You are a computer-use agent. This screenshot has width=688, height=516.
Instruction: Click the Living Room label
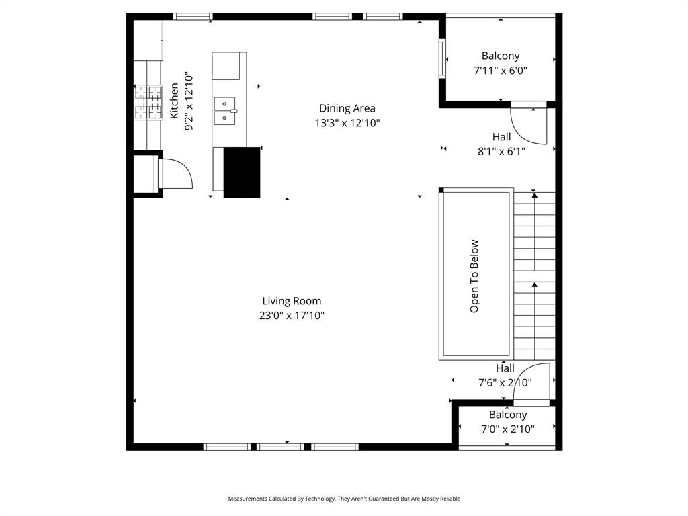[292, 301]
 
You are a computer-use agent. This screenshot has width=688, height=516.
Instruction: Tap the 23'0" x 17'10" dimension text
[292, 315]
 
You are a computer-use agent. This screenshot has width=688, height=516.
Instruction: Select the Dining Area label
[347, 108]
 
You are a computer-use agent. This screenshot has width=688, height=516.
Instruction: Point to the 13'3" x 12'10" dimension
[347, 123]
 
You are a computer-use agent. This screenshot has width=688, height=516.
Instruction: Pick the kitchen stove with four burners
[148, 102]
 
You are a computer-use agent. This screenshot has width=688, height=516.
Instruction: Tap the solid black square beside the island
[241, 172]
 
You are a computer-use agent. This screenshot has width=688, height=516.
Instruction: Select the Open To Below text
[474, 276]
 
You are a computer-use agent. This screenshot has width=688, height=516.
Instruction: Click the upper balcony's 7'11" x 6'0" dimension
[501, 70]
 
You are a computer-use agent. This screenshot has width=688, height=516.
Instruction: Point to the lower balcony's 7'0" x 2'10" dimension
[507, 429]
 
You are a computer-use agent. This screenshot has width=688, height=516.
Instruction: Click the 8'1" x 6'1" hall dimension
[501, 152]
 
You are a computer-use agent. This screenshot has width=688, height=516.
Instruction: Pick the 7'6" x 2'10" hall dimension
[505, 382]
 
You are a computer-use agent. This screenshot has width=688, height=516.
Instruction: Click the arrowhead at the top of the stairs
[535, 193]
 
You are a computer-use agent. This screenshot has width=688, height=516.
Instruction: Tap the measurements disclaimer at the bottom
[344, 499]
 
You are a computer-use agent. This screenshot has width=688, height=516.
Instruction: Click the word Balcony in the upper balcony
[501, 56]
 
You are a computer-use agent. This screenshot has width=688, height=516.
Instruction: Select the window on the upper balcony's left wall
[442, 59]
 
